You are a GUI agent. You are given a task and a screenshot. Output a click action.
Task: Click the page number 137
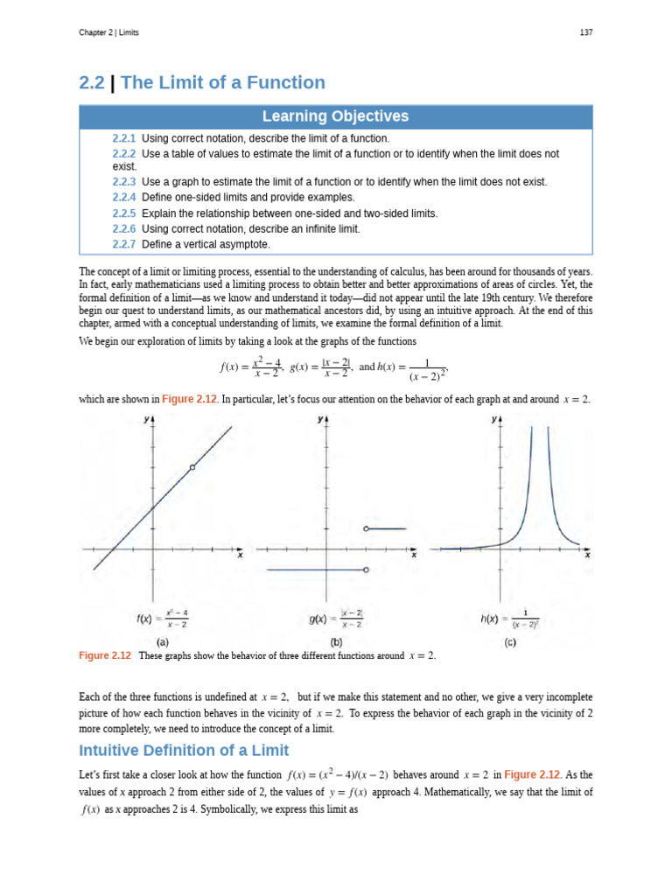click(x=585, y=32)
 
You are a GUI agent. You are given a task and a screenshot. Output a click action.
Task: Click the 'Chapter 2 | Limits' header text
click(x=108, y=32)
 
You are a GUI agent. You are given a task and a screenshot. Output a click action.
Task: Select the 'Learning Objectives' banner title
click(x=336, y=116)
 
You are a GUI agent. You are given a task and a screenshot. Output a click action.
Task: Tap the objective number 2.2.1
click(x=124, y=138)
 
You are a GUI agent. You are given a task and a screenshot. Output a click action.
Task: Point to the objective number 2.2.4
click(x=124, y=198)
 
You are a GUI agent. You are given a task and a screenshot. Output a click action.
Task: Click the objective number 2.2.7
click(x=124, y=244)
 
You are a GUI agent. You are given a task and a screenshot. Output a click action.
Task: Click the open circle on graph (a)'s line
click(x=192, y=467)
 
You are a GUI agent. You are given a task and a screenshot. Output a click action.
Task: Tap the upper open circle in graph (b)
click(x=366, y=528)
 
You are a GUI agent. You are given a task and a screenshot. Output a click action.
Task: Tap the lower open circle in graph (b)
click(x=366, y=570)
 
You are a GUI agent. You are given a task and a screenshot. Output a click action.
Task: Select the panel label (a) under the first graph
click(x=163, y=641)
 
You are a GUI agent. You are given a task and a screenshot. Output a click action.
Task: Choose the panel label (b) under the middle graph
click(x=336, y=641)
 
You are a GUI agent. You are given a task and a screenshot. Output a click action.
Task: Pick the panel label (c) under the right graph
click(x=509, y=641)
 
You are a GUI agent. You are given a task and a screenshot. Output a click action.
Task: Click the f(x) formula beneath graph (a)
click(x=163, y=619)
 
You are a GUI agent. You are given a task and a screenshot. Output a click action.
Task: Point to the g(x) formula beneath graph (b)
click(x=336, y=619)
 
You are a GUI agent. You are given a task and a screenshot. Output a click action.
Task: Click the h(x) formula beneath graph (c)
click(x=510, y=619)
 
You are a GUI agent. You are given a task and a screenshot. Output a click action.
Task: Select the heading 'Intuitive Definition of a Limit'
click(x=184, y=750)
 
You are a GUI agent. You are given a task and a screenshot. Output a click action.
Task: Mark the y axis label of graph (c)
click(x=493, y=420)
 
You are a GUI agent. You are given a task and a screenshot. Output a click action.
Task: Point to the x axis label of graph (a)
click(x=240, y=555)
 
